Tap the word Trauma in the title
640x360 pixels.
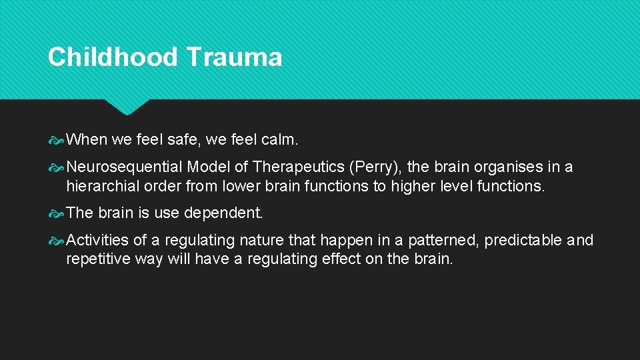pyautogui.click(x=234, y=57)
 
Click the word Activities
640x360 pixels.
pyautogui.click(x=97, y=240)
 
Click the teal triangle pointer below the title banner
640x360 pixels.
pyautogui.click(x=127, y=107)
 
